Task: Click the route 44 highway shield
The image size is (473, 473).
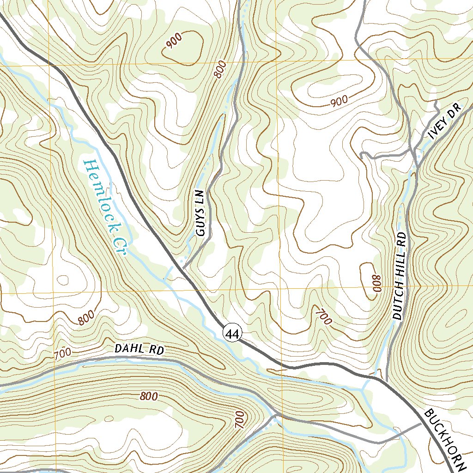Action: pos(232,332)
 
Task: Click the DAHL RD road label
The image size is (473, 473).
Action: pos(139,350)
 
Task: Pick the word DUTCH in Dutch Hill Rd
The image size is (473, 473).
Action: pos(399,301)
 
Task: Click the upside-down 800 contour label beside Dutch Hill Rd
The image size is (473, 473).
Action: pos(376,283)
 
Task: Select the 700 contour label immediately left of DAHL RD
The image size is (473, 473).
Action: pos(63,355)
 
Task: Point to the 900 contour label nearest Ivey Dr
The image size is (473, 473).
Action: pos(339,101)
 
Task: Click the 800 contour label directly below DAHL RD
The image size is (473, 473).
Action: pos(148,396)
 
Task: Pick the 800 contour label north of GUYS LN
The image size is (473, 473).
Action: pos(221,69)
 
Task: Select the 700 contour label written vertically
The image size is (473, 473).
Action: pos(239,419)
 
